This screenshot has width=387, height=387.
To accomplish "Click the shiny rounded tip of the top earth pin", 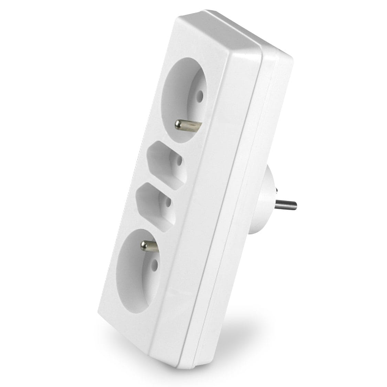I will pos(179,123).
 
